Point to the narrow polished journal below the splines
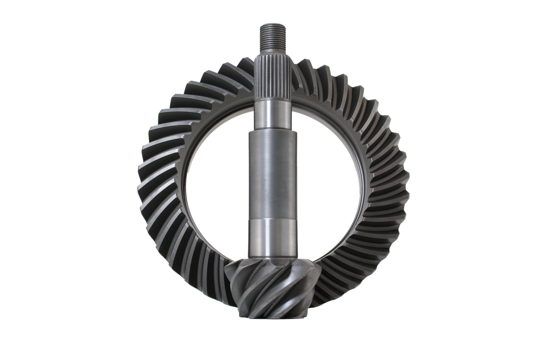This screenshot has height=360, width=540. [273, 114]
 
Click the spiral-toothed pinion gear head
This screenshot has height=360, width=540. [270, 287]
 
